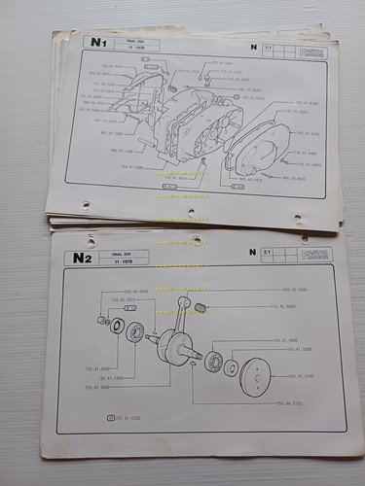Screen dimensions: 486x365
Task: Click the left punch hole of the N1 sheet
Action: (86, 205)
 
